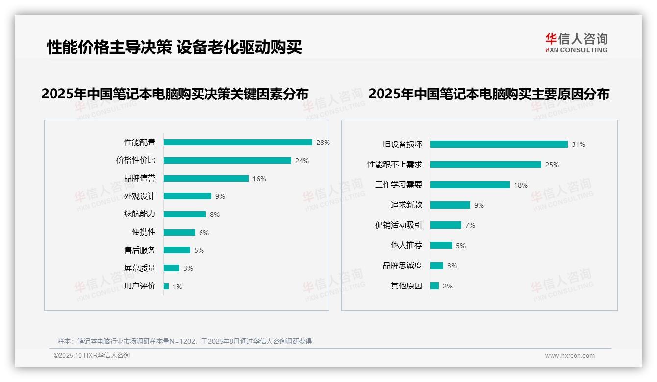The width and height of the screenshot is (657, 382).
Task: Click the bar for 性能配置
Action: click(238, 143)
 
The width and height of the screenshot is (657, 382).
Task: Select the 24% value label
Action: click(302, 161)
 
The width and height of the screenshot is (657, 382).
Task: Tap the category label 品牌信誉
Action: click(139, 178)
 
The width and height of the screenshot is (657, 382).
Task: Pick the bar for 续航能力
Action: click(185, 215)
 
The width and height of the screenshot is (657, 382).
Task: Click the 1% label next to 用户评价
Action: click(177, 286)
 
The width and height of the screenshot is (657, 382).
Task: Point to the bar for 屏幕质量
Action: click(172, 268)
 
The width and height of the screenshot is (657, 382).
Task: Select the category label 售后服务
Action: click(139, 250)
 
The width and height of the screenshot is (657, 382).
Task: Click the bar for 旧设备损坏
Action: click(499, 144)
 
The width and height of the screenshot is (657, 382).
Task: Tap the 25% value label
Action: click(552, 165)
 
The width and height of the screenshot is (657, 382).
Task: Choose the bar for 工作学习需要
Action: click(470, 185)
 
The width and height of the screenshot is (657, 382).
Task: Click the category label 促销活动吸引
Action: click(398, 225)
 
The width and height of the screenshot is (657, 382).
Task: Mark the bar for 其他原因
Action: click(434, 286)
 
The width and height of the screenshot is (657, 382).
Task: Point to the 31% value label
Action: click(578, 144)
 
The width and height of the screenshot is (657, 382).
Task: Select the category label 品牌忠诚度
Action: click(402, 265)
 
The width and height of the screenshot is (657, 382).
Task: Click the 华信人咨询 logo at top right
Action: click(576, 43)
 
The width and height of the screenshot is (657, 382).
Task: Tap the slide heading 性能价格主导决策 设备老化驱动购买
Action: click(174, 48)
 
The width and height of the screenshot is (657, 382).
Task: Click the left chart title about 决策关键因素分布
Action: click(175, 94)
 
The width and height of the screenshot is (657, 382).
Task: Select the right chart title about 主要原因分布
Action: click(488, 94)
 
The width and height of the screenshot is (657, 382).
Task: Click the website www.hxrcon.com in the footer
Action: click(570, 356)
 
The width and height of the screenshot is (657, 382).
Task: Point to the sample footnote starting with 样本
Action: click(184, 341)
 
